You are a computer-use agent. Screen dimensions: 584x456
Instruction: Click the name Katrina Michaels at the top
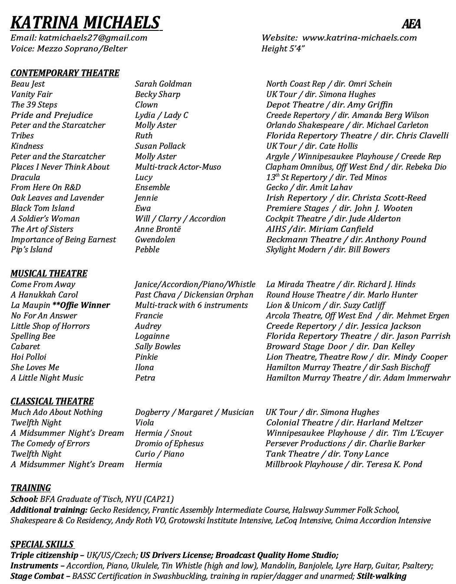[x=85, y=22]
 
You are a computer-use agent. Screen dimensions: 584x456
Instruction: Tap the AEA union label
[x=411, y=24]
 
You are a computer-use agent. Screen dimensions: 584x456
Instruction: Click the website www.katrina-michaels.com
[x=359, y=38]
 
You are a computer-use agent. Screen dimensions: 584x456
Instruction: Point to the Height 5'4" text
[x=283, y=48]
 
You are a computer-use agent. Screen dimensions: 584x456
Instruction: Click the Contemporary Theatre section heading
[x=65, y=73]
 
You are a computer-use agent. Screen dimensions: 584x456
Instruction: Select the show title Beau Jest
[x=28, y=84]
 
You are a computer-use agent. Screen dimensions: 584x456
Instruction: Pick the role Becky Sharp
[x=157, y=94]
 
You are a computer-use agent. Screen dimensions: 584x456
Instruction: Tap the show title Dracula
[x=25, y=177]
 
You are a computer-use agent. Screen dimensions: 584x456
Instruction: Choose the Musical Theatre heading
[x=49, y=274]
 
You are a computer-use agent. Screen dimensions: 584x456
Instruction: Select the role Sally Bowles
[x=158, y=347]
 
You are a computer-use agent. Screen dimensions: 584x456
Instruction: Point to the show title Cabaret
[x=25, y=347]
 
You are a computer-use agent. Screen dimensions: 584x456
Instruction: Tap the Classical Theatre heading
[x=52, y=401]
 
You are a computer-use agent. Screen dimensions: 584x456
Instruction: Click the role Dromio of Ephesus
[x=169, y=444]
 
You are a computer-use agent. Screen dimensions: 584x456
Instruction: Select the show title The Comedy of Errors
[x=50, y=444]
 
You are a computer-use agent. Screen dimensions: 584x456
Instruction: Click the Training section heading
[x=30, y=488]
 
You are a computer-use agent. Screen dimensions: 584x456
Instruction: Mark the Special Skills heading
[x=42, y=544]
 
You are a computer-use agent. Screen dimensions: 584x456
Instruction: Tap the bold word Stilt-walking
[x=381, y=576]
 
